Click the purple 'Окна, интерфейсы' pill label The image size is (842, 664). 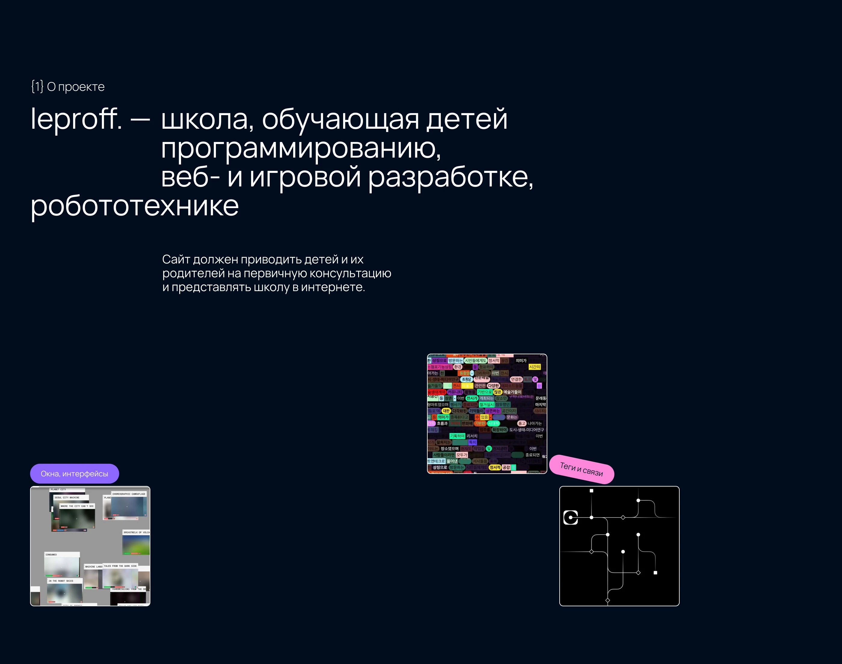[x=74, y=474]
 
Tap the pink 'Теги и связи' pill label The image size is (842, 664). [x=581, y=469]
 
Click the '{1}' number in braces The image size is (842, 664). [x=37, y=86]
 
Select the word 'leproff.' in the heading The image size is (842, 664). [x=76, y=119]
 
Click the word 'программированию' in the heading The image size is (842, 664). [x=301, y=149]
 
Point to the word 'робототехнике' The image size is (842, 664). [x=134, y=206]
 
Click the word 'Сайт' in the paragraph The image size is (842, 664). [x=176, y=259]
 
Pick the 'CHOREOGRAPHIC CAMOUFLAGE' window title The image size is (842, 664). [x=129, y=494]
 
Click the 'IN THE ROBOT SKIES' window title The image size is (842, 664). [x=61, y=581]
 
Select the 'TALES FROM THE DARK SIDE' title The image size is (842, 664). [x=120, y=566]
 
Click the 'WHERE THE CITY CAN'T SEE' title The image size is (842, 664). [x=77, y=506]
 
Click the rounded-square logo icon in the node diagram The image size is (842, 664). [x=570, y=518]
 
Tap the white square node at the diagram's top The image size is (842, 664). [x=591, y=490]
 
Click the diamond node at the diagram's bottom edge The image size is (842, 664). [x=607, y=601]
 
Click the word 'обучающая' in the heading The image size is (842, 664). [x=340, y=119]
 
